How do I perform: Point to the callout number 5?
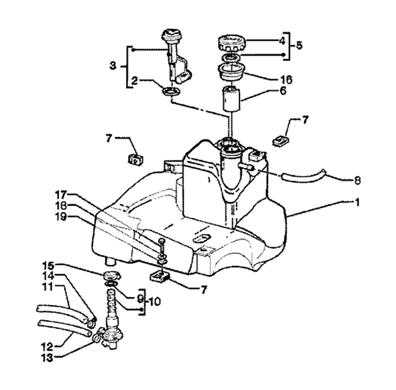(300, 45)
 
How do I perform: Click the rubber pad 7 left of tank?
(135, 159)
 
